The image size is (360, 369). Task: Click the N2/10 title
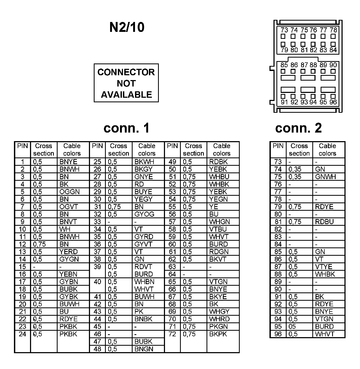[x=127, y=27]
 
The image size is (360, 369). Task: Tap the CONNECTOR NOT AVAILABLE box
[x=126, y=83]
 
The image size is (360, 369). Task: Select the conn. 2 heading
[x=298, y=128]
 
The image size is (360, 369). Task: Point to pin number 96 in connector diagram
[x=333, y=102]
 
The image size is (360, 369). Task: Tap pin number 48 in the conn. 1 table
[x=97, y=349]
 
